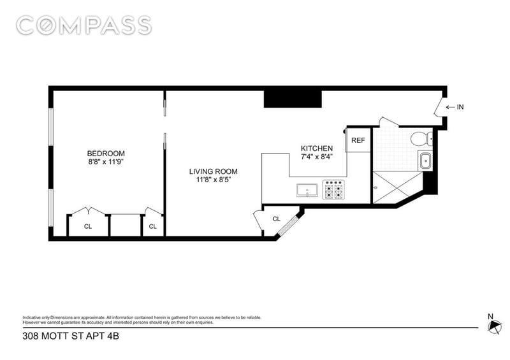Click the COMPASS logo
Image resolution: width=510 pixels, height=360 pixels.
pos(84,25)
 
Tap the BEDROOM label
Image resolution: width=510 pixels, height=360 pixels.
pos(106,154)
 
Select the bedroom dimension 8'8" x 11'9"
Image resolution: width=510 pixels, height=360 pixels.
pos(106,162)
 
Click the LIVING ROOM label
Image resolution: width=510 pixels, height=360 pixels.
pos(214,171)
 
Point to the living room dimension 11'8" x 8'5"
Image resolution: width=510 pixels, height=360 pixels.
pos(214,180)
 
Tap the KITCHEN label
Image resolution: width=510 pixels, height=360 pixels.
pos(316,148)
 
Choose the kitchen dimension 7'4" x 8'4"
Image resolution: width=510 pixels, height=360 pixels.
pos(316,156)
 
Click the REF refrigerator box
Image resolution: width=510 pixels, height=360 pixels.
pos(358,140)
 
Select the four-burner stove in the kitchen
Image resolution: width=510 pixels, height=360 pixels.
pos(333,190)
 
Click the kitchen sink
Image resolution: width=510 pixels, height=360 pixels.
pos(307,191)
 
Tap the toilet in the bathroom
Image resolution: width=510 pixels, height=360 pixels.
pos(421,139)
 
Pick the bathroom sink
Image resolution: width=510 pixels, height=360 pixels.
pos(425,161)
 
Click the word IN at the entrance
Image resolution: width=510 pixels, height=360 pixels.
pos(460,106)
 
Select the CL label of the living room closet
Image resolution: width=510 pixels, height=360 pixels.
pos(276,219)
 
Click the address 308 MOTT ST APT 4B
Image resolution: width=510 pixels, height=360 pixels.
pos(71,336)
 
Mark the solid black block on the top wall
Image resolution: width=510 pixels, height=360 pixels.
pos(293,99)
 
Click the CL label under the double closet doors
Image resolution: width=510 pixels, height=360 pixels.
pos(88,226)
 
